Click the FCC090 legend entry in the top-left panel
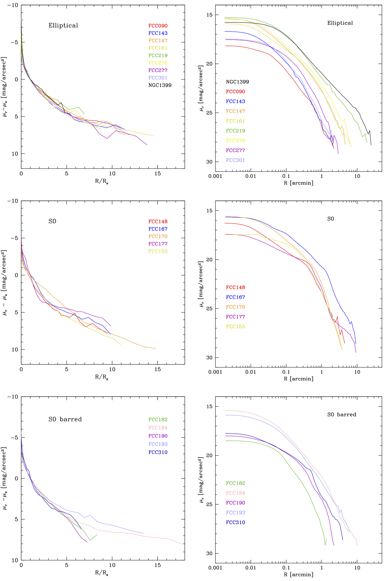click(x=158, y=26)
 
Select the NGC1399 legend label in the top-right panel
click(x=237, y=82)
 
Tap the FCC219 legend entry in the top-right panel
click(x=235, y=131)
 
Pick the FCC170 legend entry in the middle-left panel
click(x=158, y=236)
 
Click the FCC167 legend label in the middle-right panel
click(x=235, y=297)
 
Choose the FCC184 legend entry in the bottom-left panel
click(x=158, y=428)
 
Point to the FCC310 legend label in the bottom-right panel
click(x=235, y=523)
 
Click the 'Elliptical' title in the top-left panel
click(x=63, y=25)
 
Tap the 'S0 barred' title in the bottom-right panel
click(x=342, y=414)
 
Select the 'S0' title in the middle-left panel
click(x=52, y=221)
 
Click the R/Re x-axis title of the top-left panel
click(x=102, y=181)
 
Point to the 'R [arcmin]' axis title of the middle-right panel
click(x=298, y=379)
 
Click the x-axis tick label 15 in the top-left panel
click(x=158, y=174)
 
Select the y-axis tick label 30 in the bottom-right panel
click(x=209, y=553)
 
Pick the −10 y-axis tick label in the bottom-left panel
click(x=13, y=397)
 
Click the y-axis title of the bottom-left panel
click(x=4, y=478)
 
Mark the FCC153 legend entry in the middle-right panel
click(x=235, y=327)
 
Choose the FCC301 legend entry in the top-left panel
click(x=158, y=78)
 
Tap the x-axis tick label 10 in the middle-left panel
click(x=112, y=369)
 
